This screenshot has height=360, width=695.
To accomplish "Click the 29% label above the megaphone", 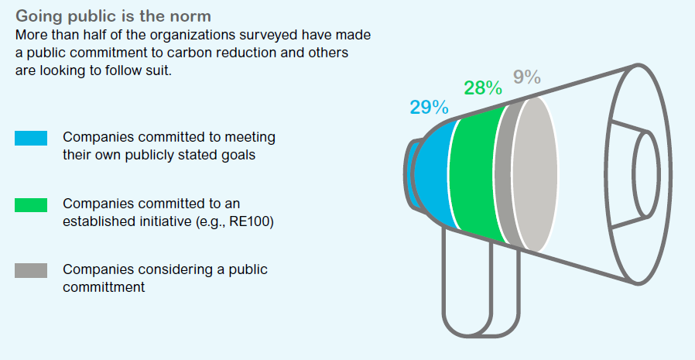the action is pyautogui.click(x=429, y=108).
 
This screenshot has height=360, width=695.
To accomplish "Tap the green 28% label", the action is pyautogui.click(x=483, y=87).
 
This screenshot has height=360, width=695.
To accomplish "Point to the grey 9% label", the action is pyautogui.click(x=527, y=77).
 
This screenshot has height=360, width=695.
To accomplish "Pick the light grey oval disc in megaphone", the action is pyautogui.click(x=535, y=175).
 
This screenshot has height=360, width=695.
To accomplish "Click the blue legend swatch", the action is pyautogui.click(x=31, y=139).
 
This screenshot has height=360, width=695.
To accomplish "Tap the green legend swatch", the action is pyautogui.click(x=31, y=205).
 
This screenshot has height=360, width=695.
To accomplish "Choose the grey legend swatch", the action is pyautogui.click(x=31, y=270).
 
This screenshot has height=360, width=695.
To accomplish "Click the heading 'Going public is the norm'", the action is pyautogui.click(x=113, y=16).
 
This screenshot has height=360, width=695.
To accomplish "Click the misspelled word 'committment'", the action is pyautogui.click(x=104, y=287).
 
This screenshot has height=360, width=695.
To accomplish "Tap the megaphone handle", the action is pyautogui.click(x=481, y=284).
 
